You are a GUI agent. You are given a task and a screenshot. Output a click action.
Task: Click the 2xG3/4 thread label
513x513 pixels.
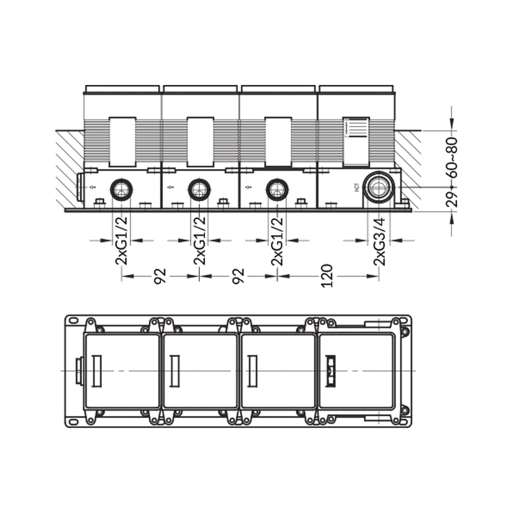(380, 241)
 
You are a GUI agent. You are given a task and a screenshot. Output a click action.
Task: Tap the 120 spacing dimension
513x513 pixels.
(326, 276)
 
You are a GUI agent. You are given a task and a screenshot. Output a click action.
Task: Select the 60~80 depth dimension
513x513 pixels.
(453, 158)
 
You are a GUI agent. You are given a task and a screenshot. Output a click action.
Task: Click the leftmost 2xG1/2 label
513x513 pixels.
(121, 241)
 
